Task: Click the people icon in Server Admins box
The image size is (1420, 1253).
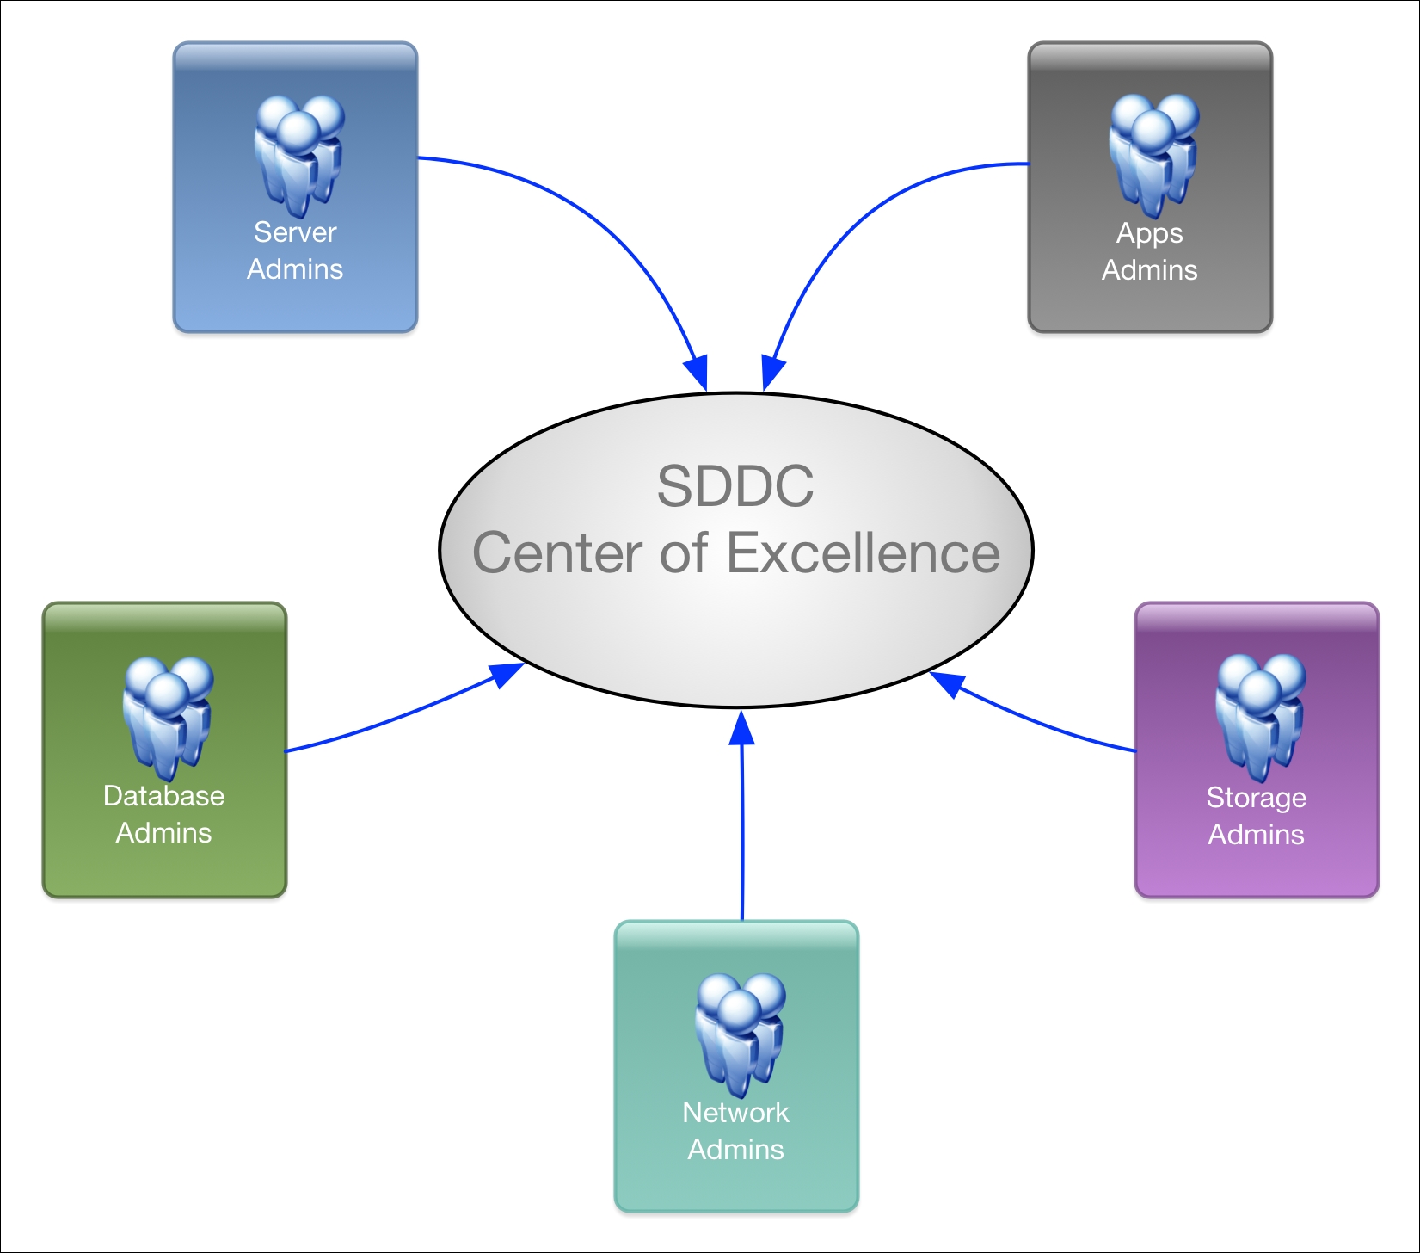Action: coord(299,156)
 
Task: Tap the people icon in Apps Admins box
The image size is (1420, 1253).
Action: coord(1154,156)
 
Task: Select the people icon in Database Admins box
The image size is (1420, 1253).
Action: coord(168,719)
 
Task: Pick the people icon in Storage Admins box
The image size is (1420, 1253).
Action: coord(1261,718)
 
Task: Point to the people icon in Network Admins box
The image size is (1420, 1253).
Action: coord(741,1036)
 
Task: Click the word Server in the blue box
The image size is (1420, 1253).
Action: coord(295,232)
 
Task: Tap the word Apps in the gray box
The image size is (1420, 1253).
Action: coord(1150,234)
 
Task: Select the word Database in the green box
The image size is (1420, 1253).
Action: coord(163,796)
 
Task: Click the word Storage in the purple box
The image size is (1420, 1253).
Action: coord(1257,799)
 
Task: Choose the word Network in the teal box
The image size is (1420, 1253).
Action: coord(735,1113)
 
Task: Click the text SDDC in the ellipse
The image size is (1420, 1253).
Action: coord(735,486)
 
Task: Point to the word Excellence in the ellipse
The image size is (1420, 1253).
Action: coord(864,552)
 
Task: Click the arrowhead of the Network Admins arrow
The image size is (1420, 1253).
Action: coord(741,727)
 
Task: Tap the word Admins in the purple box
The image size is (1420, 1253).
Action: coord(1257,835)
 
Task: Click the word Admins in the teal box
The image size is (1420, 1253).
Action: coord(735,1150)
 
